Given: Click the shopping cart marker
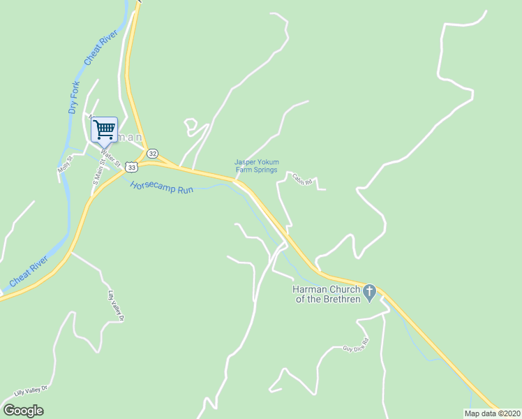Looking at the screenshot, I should tap(104, 128).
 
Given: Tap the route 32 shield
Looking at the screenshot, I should tap(153, 154).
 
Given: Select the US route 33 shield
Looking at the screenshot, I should tap(131, 167).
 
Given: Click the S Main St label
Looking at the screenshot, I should tap(98, 172).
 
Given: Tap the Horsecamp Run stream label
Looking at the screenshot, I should tap(161, 189).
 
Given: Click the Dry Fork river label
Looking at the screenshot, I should tap(74, 98).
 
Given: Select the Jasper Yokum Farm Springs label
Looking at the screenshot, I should tap(255, 166).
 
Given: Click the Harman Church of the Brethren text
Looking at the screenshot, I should tap(325, 294).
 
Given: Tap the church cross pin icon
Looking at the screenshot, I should tap(371, 291).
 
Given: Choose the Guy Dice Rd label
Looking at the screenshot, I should tap(355, 344).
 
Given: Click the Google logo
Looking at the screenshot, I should tap(23, 411).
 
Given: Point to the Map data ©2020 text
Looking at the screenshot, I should tap(493, 413).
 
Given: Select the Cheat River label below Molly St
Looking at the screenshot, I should tap(29, 272).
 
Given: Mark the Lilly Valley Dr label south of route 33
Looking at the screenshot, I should tap(114, 306).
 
